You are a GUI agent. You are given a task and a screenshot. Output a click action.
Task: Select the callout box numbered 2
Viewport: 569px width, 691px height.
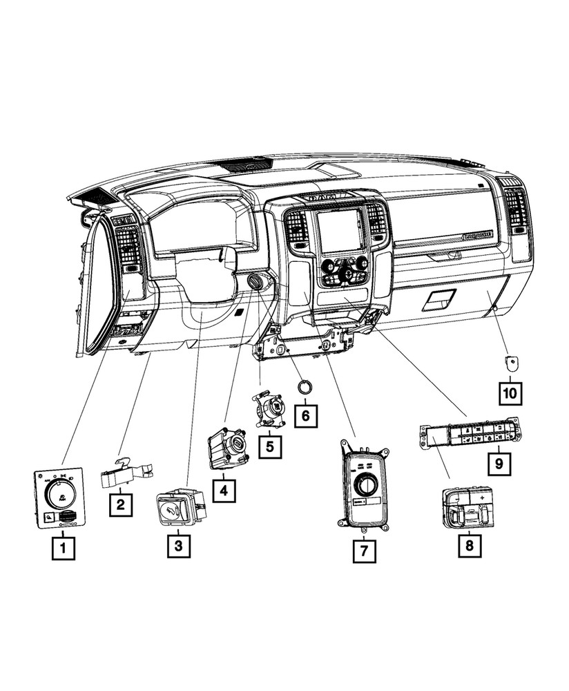(x=120, y=504)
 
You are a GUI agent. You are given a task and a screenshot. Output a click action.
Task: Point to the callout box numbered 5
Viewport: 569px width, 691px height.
(x=269, y=446)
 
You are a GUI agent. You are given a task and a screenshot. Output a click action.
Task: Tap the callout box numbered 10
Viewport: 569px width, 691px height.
(x=511, y=394)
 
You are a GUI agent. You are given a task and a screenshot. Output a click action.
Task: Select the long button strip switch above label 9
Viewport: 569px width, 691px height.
(x=470, y=434)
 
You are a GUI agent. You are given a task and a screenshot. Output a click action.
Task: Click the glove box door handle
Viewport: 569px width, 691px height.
(x=438, y=298)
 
